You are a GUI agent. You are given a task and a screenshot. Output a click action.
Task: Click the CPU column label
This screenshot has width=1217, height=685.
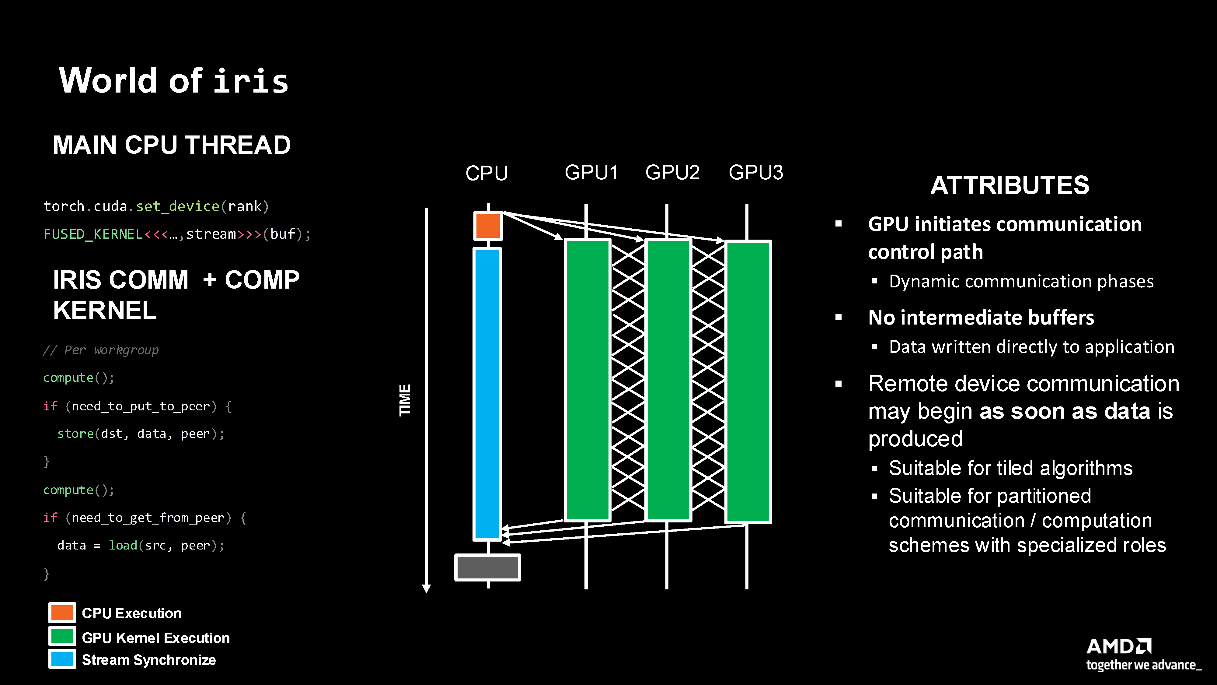(486, 173)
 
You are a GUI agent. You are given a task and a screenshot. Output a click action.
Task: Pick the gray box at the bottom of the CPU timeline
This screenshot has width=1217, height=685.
(487, 567)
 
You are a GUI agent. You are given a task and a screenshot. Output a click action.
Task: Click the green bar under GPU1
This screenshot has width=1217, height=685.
(587, 380)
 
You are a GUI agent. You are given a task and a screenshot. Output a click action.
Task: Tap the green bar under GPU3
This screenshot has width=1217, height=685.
(748, 381)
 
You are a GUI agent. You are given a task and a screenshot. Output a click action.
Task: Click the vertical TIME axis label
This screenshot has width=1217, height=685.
(405, 400)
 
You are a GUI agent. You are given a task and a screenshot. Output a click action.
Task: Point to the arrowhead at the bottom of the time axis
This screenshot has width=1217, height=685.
(426, 588)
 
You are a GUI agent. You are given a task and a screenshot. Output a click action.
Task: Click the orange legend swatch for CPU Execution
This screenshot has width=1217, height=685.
(62, 613)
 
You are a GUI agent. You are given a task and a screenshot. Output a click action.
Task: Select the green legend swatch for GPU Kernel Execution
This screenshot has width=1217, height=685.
(62, 636)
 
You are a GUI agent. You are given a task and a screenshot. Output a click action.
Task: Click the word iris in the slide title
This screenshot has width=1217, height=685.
(251, 81)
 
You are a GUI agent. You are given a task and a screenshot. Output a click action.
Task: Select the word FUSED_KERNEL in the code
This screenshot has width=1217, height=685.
(92, 234)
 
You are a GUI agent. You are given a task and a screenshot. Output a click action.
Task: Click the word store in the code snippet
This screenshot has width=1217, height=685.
(75, 434)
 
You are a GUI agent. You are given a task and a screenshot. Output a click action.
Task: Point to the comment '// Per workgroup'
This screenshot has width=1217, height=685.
(101, 350)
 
